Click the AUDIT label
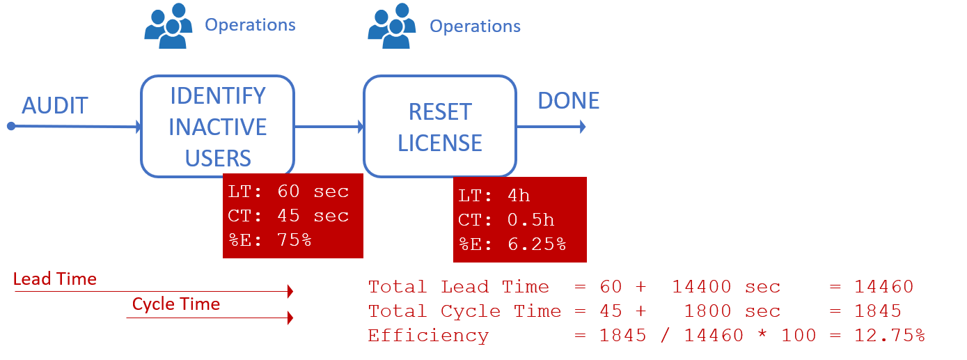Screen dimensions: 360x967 coord(55,106)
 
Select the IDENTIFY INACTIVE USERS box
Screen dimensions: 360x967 coord(218,127)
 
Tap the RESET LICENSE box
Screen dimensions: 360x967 coord(439,127)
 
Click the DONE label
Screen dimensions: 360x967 coord(568,101)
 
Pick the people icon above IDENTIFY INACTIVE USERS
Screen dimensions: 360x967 coord(167,26)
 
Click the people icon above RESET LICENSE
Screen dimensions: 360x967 coord(392,26)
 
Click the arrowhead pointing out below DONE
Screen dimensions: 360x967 coord(581,127)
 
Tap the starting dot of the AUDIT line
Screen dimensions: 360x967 coord(10,126)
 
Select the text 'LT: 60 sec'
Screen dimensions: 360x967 coord(288,191)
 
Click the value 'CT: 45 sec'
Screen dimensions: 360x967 coord(288,216)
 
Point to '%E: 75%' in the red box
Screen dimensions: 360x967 coord(269,240)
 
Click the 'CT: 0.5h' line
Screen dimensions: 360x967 coord(506,220)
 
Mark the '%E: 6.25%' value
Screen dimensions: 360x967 coord(512,244)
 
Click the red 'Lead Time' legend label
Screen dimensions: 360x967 coord(54,279)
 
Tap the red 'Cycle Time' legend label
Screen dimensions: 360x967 coord(176,304)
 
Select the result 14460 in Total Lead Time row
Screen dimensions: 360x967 coord(884,287)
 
